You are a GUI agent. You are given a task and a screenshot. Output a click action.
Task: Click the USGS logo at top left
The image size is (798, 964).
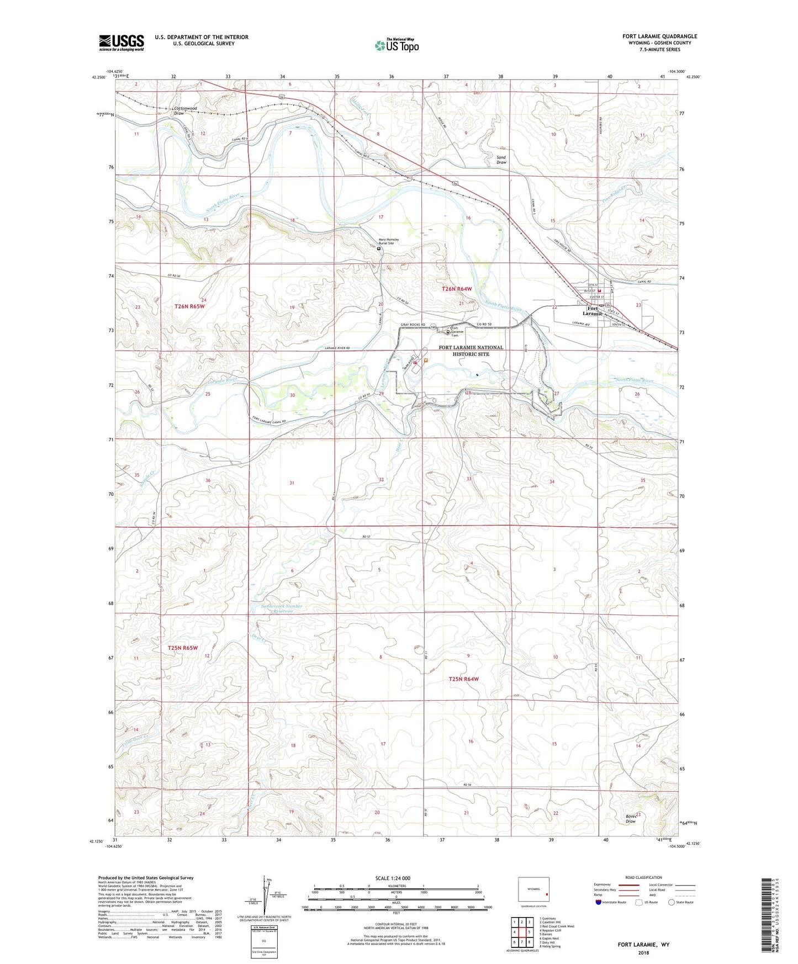point(121,43)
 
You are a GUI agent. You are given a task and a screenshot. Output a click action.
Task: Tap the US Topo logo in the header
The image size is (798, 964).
point(397,45)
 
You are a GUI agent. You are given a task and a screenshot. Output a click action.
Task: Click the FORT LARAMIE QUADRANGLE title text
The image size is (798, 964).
point(659,36)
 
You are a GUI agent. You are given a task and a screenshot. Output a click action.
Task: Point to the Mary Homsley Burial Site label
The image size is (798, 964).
point(393,241)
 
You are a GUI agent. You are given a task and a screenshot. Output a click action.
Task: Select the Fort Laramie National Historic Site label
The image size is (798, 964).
point(471,351)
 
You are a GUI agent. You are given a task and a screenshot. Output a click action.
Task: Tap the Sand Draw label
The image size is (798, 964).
point(501,160)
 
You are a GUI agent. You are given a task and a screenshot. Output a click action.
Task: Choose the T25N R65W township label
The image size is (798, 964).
point(182,648)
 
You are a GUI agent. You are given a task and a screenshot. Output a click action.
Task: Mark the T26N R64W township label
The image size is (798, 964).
point(457,289)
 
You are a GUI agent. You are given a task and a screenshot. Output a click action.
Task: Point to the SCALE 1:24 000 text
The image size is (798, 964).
point(393,878)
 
